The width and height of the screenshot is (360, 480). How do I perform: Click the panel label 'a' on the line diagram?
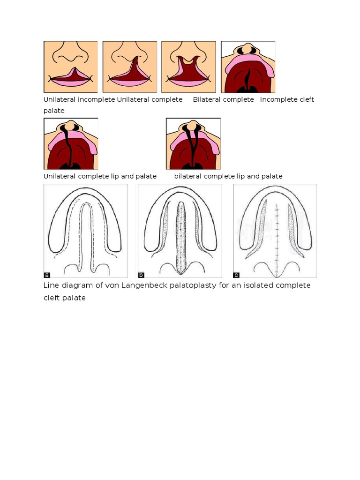click(47, 274)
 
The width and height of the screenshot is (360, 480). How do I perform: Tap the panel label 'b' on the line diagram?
click(141, 274)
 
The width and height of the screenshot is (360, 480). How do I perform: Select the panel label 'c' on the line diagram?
click(236, 274)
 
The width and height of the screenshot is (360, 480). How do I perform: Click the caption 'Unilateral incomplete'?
click(79, 99)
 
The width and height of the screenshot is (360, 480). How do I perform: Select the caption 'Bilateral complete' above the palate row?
click(223, 99)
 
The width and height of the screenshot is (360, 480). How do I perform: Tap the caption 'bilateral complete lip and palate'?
click(228, 176)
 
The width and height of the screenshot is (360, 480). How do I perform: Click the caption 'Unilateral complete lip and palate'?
click(100, 176)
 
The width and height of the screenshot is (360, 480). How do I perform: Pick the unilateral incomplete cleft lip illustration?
click(71, 67)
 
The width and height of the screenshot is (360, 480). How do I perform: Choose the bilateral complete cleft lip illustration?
click(188, 67)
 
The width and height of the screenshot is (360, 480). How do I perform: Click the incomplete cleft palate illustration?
click(248, 67)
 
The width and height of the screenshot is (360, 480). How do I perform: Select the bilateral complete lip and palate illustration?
click(193, 143)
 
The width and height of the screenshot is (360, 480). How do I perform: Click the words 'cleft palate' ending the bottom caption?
click(65, 298)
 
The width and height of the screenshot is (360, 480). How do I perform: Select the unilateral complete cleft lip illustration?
click(130, 67)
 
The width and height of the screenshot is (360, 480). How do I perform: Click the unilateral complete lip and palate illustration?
click(71, 143)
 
